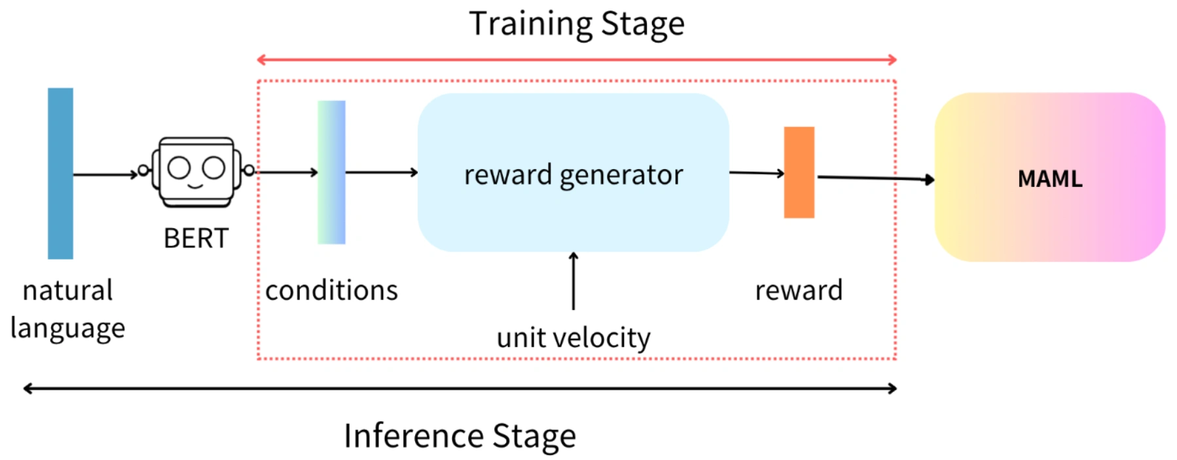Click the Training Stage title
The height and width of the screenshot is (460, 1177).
(577, 24)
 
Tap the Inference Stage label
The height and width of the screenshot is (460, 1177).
(460, 436)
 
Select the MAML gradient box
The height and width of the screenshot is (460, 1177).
(1049, 178)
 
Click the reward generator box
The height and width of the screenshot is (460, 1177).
(573, 173)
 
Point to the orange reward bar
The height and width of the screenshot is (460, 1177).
(799, 172)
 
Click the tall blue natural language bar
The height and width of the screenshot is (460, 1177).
(60, 174)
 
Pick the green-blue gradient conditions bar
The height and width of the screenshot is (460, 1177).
(331, 172)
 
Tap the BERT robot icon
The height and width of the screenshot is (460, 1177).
(196, 172)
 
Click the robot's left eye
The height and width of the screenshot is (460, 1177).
(179, 168)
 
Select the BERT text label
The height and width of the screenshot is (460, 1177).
(196, 239)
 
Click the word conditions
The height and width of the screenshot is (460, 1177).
(331, 290)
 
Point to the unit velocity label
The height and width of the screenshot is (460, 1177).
(573, 338)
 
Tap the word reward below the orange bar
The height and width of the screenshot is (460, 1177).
(799, 290)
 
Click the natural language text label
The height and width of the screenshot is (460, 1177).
(67, 309)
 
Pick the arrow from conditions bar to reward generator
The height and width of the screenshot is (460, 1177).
(381, 172)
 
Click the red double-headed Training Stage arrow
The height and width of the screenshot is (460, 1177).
(576, 60)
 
